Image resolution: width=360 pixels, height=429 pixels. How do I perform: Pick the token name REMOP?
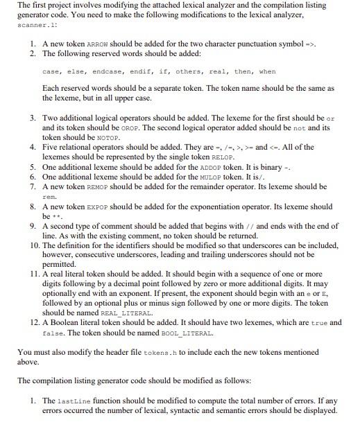(96, 186)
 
